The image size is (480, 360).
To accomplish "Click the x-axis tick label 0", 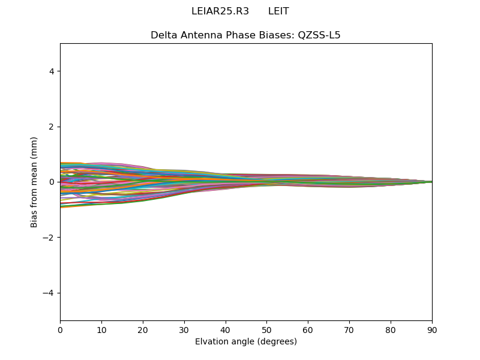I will [60, 329].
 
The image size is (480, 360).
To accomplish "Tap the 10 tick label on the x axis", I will [101, 329].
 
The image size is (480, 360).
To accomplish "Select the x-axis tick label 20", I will [143, 329].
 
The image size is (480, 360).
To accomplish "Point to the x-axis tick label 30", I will [184, 329].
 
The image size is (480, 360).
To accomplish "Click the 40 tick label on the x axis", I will [226, 329].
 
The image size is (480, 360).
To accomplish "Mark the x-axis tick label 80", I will [391, 329].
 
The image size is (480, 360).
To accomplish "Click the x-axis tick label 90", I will [432, 329].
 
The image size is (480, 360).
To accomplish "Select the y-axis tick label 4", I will [52, 71].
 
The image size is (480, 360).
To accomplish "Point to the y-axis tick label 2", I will [52, 127].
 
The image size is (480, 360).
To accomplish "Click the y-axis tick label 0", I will [52, 182].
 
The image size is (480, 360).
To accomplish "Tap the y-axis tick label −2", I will [49, 238].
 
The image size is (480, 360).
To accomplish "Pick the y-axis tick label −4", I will [49, 293].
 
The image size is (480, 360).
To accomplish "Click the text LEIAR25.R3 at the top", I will [220, 11].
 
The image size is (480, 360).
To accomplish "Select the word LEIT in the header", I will [278, 11].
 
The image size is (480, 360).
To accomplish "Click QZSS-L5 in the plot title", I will [319, 35].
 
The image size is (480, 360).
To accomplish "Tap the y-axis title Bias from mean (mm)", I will [35, 182].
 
